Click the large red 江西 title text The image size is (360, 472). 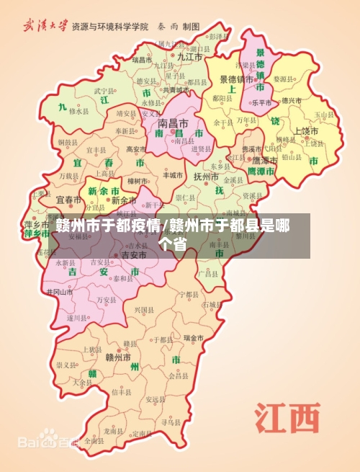286,419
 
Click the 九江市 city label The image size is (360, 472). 189,55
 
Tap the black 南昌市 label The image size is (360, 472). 173,123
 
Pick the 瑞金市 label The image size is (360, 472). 194,337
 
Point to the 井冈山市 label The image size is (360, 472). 59,292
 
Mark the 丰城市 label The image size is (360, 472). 173,174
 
